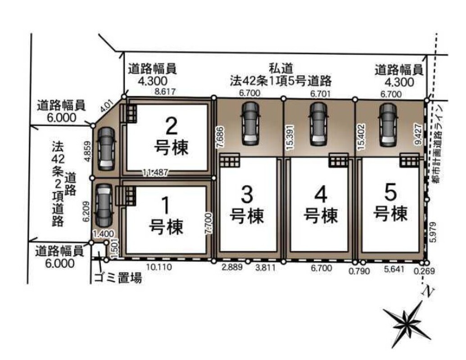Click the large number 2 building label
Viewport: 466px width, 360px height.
[x=171, y=126]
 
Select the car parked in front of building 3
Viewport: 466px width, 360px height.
[x=250, y=124]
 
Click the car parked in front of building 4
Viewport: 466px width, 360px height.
[x=318, y=124]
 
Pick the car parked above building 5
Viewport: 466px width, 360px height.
[x=388, y=125]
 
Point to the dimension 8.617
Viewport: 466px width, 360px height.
[x=165, y=91]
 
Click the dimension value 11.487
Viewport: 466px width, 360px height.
[x=155, y=172]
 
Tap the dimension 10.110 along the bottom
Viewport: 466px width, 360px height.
[x=159, y=267]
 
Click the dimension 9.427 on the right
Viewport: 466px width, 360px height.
[x=418, y=134]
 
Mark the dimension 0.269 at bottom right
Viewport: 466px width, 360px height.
[x=424, y=271]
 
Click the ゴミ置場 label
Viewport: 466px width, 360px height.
[x=118, y=278]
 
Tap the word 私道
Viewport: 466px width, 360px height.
[x=281, y=68]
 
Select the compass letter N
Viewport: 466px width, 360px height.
[x=427, y=292]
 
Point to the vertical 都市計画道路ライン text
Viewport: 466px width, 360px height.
[x=437, y=144]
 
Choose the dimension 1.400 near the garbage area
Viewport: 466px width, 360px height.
[x=103, y=234]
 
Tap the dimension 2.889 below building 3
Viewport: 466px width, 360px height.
[x=232, y=267]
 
